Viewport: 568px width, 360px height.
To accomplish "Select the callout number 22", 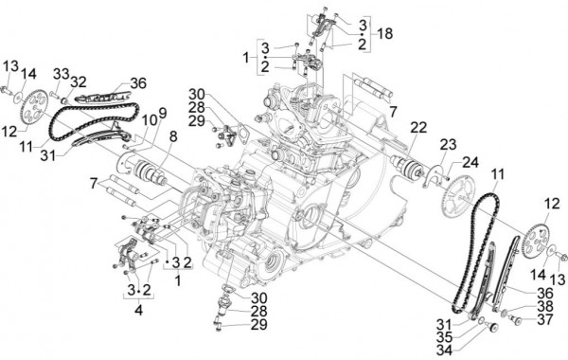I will [417, 126].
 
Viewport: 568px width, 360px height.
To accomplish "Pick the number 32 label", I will [78, 81].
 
